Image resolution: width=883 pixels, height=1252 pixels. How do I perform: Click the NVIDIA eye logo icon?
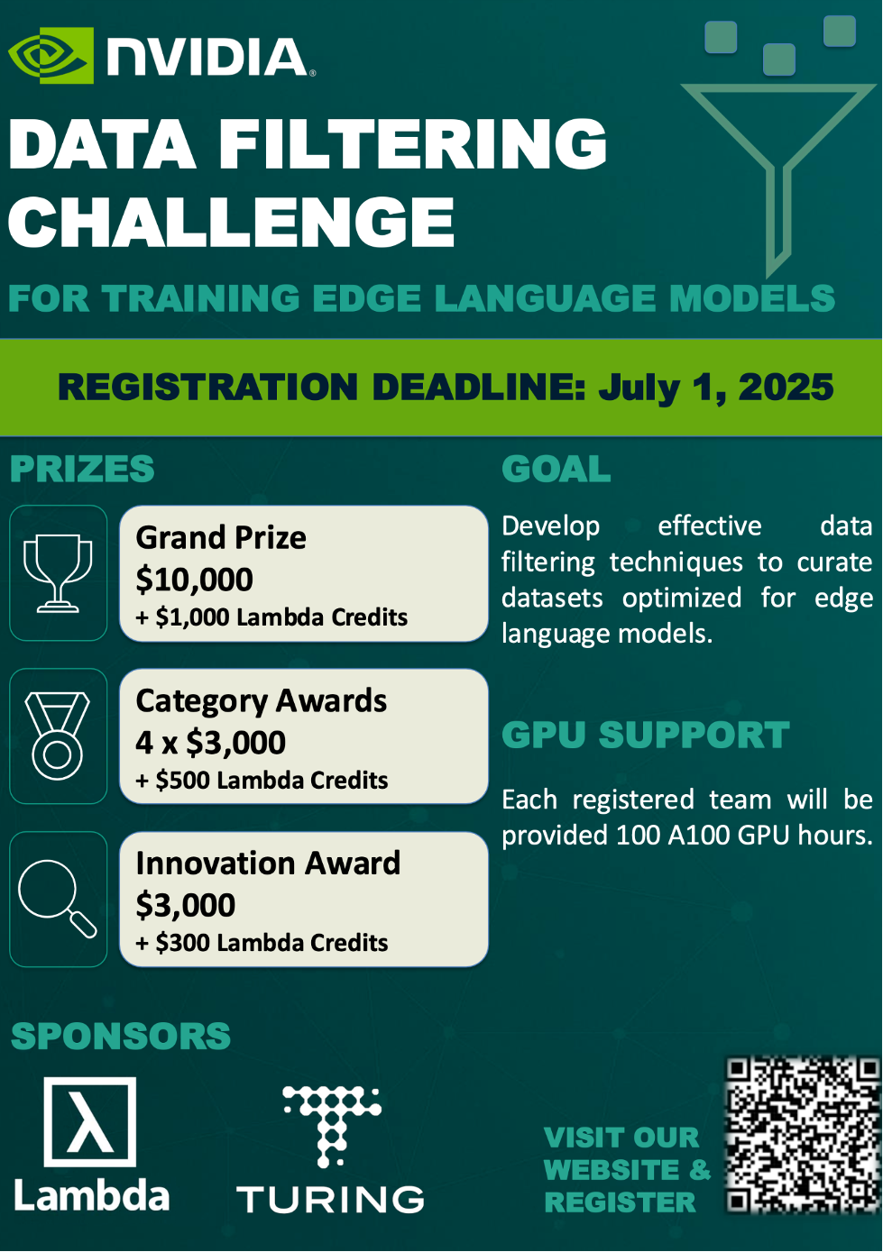click(x=51, y=55)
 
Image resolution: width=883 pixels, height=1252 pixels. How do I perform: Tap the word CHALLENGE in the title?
click(x=231, y=222)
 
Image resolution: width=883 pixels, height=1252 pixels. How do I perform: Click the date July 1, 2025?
click(x=716, y=388)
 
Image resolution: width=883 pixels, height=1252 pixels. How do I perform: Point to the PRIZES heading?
click(x=82, y=469)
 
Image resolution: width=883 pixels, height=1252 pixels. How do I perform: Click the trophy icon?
click(x=58, y=573)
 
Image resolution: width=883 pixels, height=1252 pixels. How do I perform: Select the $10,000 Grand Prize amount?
click(x=194, y=580)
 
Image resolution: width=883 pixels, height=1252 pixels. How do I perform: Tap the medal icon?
click(x=58, y=736)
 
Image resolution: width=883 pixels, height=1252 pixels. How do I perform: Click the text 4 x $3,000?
click(x=210, y=743)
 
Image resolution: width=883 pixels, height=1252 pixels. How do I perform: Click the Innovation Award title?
click(x=268, y=864)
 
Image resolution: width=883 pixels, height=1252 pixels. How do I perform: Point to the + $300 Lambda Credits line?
click(x=262, y=943)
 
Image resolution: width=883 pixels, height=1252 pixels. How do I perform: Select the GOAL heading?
click(x=556, y=469)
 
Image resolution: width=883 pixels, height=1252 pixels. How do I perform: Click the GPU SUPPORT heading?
click(x=645, y=735)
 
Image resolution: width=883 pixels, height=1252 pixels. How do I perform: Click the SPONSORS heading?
click(x=121, y=1036)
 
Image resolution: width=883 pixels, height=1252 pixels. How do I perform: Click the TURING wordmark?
click(x=330, y=1200)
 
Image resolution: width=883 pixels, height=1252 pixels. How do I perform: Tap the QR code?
click(x=804, y=1134)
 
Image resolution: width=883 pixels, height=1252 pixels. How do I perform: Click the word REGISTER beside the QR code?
click(x=621, y=1202)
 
